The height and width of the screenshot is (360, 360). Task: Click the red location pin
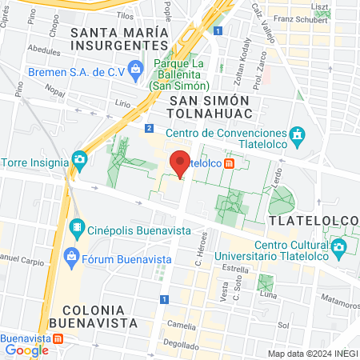(181, 162)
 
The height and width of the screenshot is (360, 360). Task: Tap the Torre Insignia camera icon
(79, 158)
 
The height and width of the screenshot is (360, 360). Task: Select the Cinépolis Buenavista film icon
(77, 230)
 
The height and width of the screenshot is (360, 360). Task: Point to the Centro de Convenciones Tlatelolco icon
(298, 134)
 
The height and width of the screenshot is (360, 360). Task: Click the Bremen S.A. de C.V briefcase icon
(137, 70)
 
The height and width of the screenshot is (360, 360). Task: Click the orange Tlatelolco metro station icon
(230, 163)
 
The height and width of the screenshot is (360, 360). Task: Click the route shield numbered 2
(150, 128)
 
